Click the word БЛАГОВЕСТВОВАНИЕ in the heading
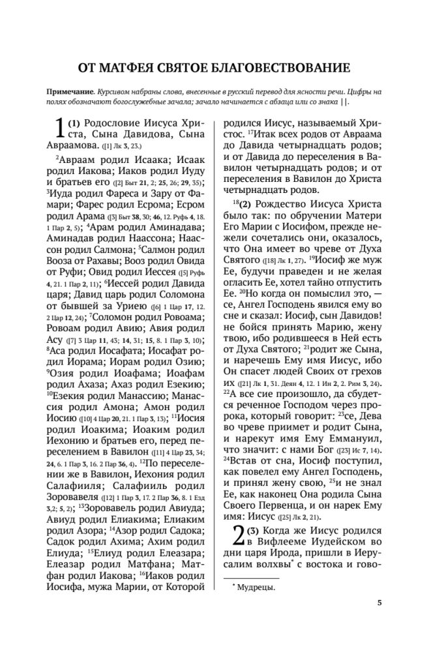tap(293, 68)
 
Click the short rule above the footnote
tap(251, 578)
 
